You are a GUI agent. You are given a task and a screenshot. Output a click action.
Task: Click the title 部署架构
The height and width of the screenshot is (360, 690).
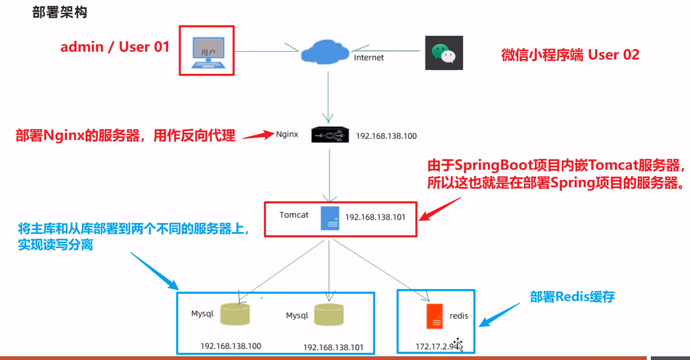60,13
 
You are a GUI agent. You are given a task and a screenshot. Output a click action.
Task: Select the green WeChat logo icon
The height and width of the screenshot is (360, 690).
443,53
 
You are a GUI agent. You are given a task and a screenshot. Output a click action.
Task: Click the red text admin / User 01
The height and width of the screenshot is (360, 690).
115,47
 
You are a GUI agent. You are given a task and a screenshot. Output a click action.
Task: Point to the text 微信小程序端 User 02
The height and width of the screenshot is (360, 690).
570,55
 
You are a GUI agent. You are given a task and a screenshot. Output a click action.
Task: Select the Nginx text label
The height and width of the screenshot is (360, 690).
287,134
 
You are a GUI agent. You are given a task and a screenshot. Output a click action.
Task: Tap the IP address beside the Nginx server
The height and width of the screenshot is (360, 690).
387,136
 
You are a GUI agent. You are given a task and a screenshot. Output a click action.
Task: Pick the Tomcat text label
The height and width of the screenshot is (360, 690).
294,215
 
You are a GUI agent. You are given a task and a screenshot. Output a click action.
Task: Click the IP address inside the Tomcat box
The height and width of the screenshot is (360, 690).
375,217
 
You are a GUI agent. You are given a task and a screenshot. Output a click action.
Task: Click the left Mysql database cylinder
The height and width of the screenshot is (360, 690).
235,313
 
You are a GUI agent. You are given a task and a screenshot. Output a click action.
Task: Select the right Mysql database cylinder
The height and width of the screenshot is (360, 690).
330,315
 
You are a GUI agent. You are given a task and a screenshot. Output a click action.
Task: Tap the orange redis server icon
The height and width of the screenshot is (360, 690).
435,316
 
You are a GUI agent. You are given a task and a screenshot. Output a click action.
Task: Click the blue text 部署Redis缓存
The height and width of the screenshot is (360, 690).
572,297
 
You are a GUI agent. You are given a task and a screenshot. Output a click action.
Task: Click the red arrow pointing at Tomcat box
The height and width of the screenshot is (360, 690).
441,209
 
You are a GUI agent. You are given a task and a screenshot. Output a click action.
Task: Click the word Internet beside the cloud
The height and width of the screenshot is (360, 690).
369,57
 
